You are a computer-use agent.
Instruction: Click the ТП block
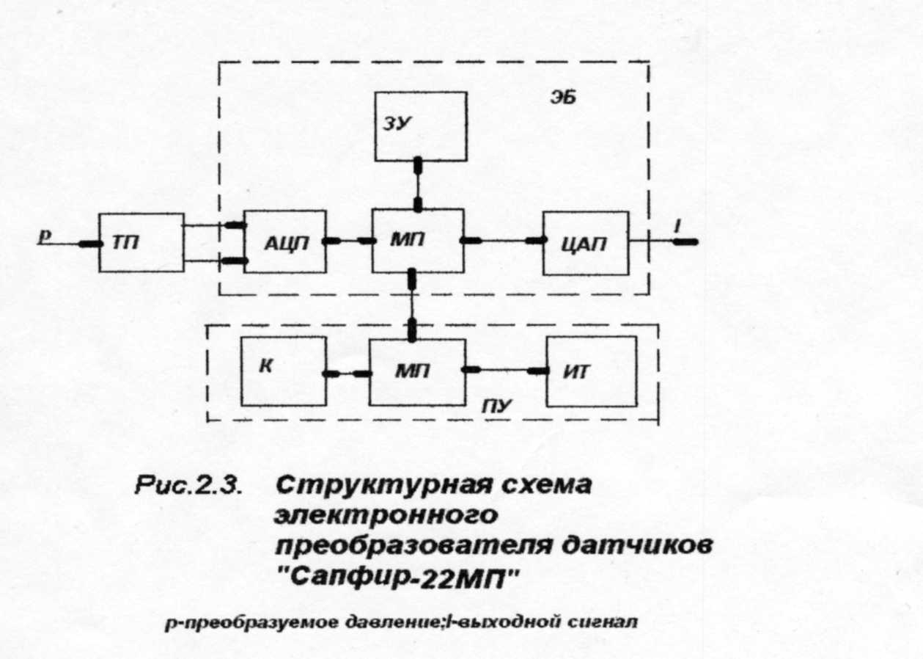(x=141, y=242)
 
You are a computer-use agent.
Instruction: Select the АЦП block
(x=285, y=241)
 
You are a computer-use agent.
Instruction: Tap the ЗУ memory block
(x=421, y=126)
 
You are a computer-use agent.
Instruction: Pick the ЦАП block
(x=586, y=244)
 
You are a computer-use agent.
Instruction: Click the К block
(x=284, y=371)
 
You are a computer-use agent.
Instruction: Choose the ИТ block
(x=592, y=371)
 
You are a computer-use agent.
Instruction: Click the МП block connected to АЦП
(x=418, y=241)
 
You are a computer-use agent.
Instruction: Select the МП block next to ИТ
(x=417, y=372)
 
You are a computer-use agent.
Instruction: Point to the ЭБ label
(x=564, y=98)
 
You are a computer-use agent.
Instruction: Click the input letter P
(x=44, y=237)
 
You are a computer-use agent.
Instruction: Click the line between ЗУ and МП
(x=418, y=184)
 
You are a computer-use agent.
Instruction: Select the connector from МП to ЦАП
(x=503, y=240)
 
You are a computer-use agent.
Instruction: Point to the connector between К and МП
(x=347, y=374)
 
